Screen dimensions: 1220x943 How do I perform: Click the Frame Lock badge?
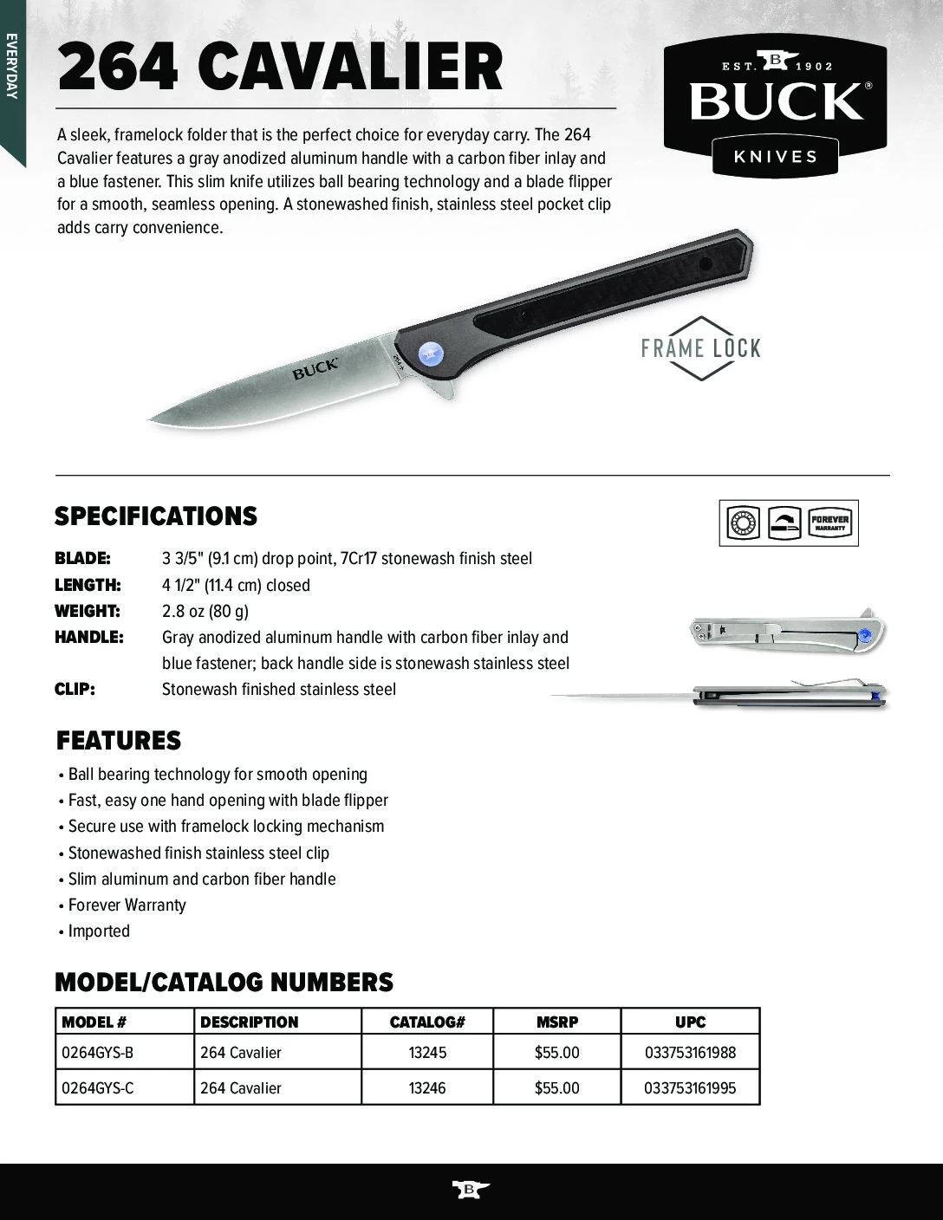pyautogui.click(x=700, y=348)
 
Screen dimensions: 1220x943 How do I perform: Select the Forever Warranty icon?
pyautogui.click(x=829, y=522)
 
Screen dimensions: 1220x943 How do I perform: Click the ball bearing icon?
pyautogui.click(x=742, y=522)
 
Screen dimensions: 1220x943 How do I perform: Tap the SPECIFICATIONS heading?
pyautogui.click(x=156, y=516)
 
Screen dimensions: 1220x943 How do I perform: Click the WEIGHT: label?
pyautogui.click(x=87, y=611)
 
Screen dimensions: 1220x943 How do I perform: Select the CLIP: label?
pyautogui.click(x=75, y=689)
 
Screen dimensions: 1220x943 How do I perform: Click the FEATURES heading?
pyautogui.click(x=119, y=741)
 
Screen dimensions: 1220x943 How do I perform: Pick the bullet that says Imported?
pyautogui.click(x=99, y=931)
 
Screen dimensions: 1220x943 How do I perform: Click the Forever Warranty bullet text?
pyautogui.click(x=127, y=905)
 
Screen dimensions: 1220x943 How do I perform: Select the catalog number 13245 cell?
pyautogui.click(x=427, y=1053)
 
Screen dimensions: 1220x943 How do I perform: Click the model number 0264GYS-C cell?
pyautogui.click(x=98, y=1087)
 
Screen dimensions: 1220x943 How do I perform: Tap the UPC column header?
pyautogui.click(x=690, y=1022)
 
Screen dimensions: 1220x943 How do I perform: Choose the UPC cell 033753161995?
pyautogui.click(x=690, y=1087)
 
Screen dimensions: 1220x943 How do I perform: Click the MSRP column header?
pyautogui.click(x=556, y=1022)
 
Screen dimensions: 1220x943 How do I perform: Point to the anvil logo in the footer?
pyautogui.click(x=471, y=1189)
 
